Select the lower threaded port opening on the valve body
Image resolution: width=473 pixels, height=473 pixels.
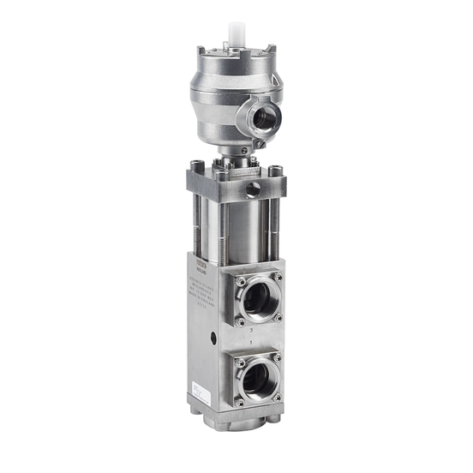pos(258,378)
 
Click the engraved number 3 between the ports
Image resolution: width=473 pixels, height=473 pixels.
pos(250,329)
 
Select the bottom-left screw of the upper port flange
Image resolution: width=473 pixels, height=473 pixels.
pos(240,321)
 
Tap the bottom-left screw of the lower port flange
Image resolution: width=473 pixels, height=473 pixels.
pos(241,400)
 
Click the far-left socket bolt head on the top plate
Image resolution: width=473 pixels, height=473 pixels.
pos(197,166)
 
